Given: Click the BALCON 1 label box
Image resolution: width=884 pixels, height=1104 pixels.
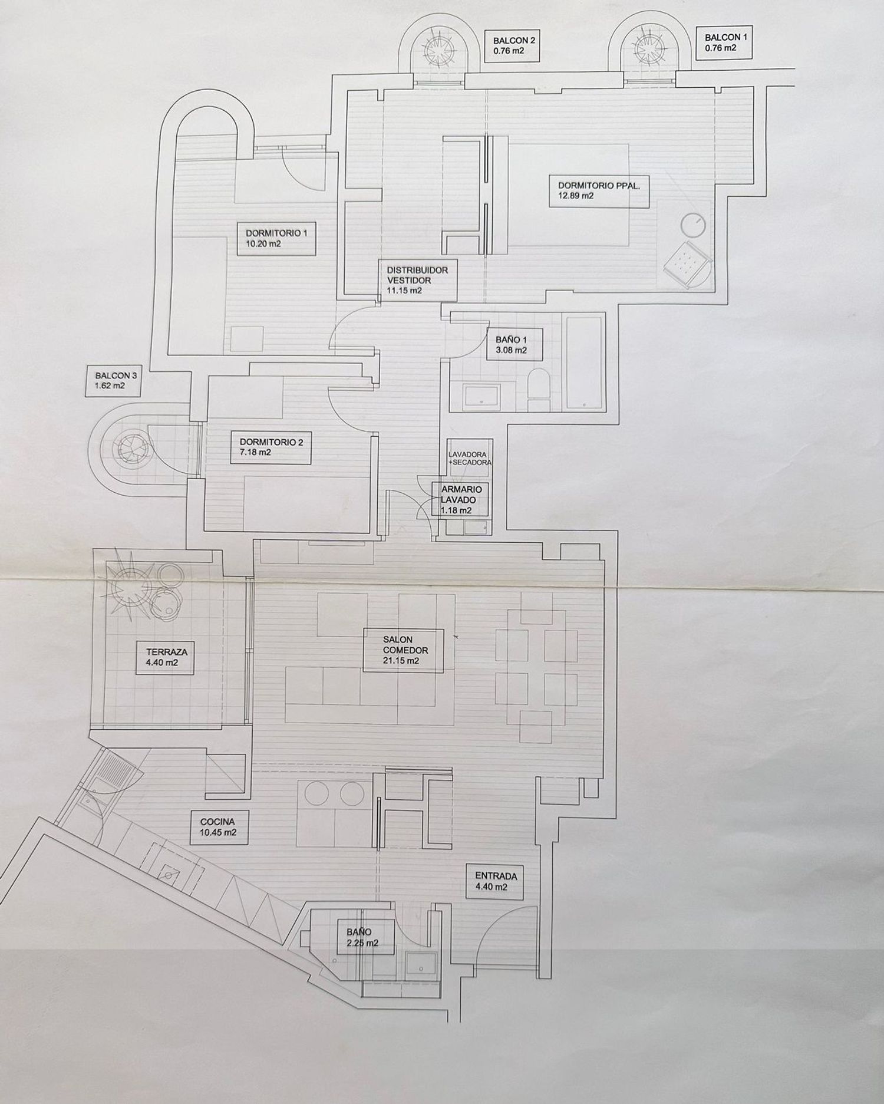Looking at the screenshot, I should [725, 42].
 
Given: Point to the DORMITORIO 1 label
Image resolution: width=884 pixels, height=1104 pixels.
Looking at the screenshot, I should [276, 238].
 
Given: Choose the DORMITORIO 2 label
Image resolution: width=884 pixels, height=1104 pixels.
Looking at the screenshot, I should [271, 447].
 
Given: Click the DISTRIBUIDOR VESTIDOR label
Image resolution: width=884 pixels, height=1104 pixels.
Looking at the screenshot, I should [417, 280].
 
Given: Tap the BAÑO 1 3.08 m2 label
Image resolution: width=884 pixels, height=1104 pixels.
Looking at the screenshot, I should [511, 345].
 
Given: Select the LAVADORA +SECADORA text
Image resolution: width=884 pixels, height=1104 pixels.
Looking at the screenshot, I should [469, 459].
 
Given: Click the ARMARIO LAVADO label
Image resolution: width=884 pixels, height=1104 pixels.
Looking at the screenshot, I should [461, 499].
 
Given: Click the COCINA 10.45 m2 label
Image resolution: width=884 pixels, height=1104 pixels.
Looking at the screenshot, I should [217, 827].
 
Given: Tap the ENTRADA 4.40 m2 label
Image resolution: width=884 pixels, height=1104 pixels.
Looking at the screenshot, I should [495, 881].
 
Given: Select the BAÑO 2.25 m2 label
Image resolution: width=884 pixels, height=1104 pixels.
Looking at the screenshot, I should [362, 937].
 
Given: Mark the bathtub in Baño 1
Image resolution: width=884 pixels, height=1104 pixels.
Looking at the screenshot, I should [583, 362].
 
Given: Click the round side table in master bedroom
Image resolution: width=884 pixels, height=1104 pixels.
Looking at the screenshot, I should [693, 225].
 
